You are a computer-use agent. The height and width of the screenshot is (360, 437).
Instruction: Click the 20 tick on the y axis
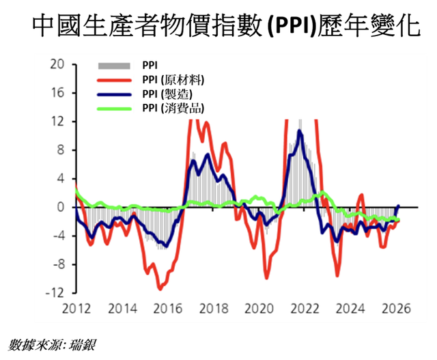57,64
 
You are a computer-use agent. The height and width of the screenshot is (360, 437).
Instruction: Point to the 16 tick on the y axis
57,93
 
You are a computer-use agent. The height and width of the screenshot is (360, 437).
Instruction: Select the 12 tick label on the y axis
57,122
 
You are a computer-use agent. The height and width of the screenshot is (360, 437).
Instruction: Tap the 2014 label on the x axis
122,308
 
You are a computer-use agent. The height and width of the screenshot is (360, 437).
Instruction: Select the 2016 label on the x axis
167,308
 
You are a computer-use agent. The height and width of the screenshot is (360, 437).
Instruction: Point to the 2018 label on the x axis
212,308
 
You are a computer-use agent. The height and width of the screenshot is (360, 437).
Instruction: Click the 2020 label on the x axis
257,308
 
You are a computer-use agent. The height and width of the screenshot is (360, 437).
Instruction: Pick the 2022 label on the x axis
303,308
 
